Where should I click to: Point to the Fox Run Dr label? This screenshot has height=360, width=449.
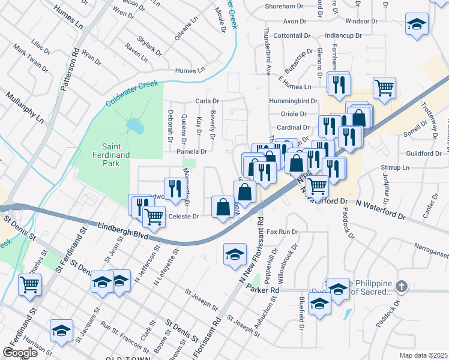282,232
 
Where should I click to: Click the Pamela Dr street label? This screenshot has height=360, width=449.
191,152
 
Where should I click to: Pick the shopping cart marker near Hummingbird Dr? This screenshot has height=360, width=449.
384,88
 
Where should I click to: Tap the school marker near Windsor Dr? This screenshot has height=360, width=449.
416,24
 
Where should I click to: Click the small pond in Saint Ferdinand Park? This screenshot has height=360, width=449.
135,126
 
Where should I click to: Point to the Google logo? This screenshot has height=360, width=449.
20,353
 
